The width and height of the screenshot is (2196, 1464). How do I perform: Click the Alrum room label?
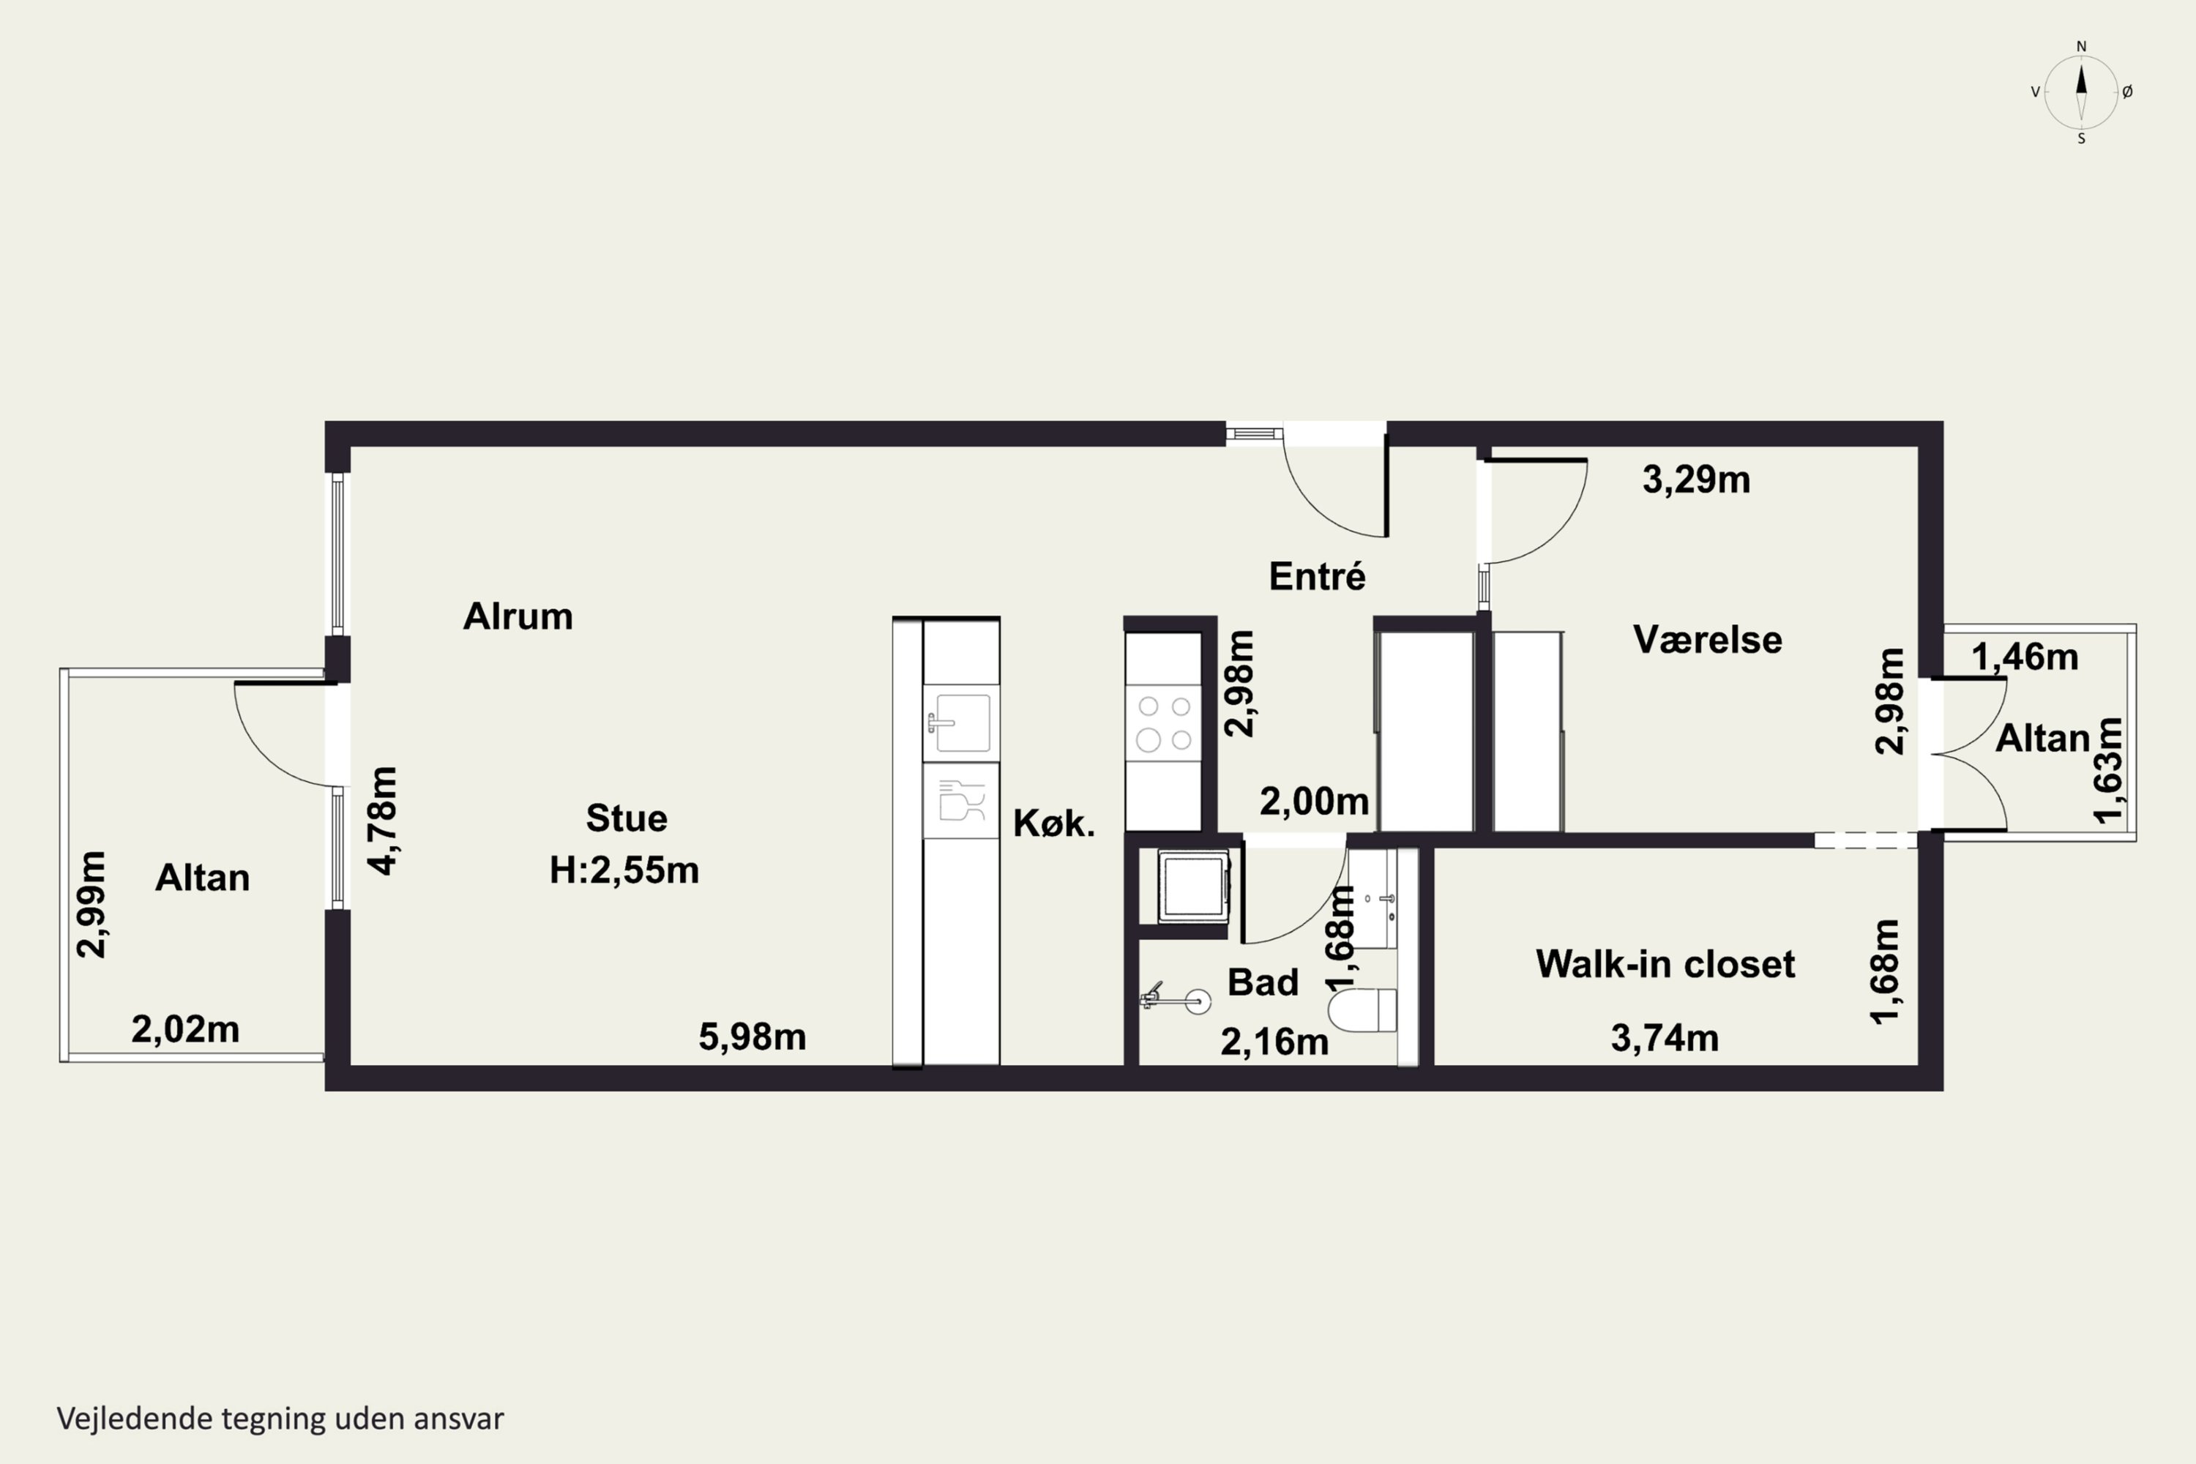[518, 616]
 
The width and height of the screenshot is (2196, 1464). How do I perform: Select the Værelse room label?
[1708, 640]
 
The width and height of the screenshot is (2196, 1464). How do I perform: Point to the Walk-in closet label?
[1665, 963]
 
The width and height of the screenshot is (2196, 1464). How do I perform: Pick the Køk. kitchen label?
[1054, 823]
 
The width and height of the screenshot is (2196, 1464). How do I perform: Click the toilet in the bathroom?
[1362, 1010]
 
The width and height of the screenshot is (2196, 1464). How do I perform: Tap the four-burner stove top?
[1163, 724]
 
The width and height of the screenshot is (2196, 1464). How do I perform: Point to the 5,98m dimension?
[752, 1037]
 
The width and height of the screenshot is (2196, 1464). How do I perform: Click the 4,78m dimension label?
[383, 821]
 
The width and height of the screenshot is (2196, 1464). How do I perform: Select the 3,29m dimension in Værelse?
[1697, 480]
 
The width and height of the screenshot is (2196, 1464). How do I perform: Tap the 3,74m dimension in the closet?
[1665, 1038]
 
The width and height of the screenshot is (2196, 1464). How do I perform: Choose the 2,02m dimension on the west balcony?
[186, 1029]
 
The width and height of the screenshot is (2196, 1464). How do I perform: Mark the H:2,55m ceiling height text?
[624, 870]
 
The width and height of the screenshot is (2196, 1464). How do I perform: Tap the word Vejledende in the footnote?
[135, 1419]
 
